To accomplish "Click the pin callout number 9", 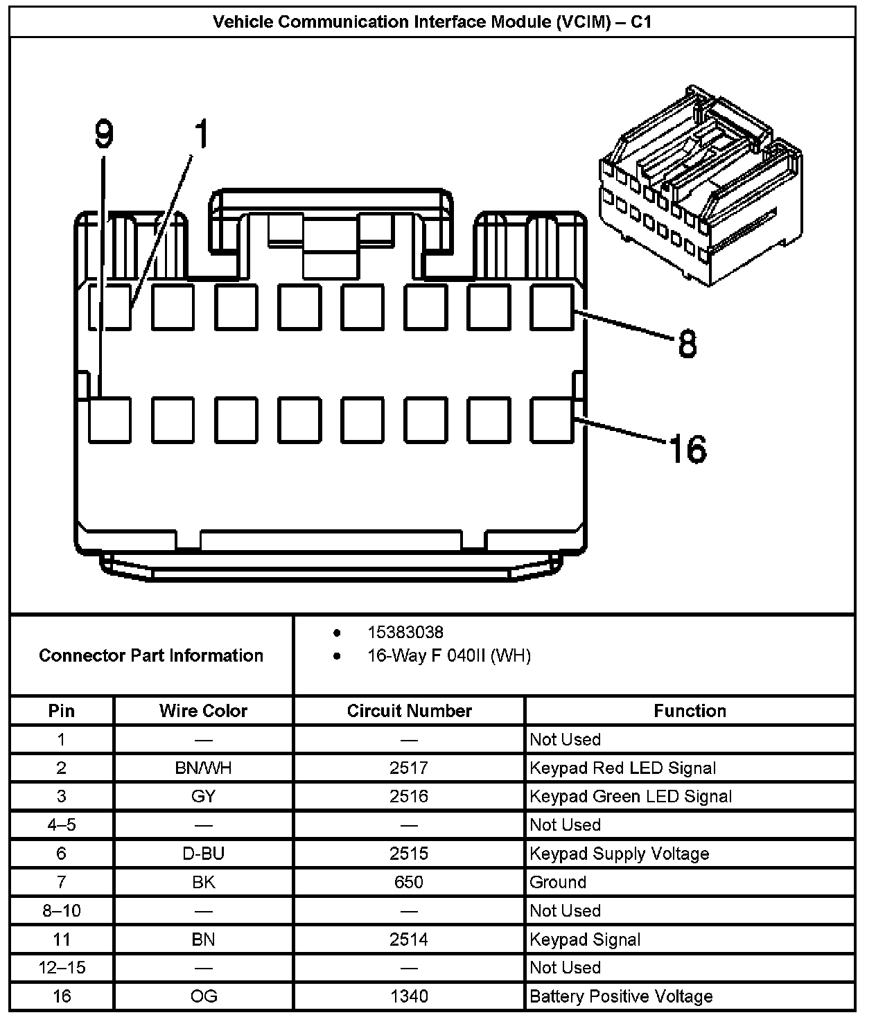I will coord(103,134).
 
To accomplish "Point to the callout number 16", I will coord(687,449).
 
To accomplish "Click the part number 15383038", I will coord(405,632).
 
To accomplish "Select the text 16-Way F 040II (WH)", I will coord(448,655).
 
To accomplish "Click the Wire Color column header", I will coord(203,711).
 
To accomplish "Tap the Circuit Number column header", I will coord(409,711).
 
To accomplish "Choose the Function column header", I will coord(690,711).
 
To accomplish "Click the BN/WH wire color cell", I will coord(203,768).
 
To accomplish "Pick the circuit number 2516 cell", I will coord(409,796).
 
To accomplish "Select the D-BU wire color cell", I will coord(203,854).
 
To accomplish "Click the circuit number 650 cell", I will coord(409,882).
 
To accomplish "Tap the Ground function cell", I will coord(558,882).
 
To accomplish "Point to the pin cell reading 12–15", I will coord(62,967).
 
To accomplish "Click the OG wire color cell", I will coord(203,996).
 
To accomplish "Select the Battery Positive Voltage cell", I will coord(621,996).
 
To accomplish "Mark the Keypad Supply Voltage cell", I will coord(619,854).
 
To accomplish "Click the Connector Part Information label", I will coord(151,655).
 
